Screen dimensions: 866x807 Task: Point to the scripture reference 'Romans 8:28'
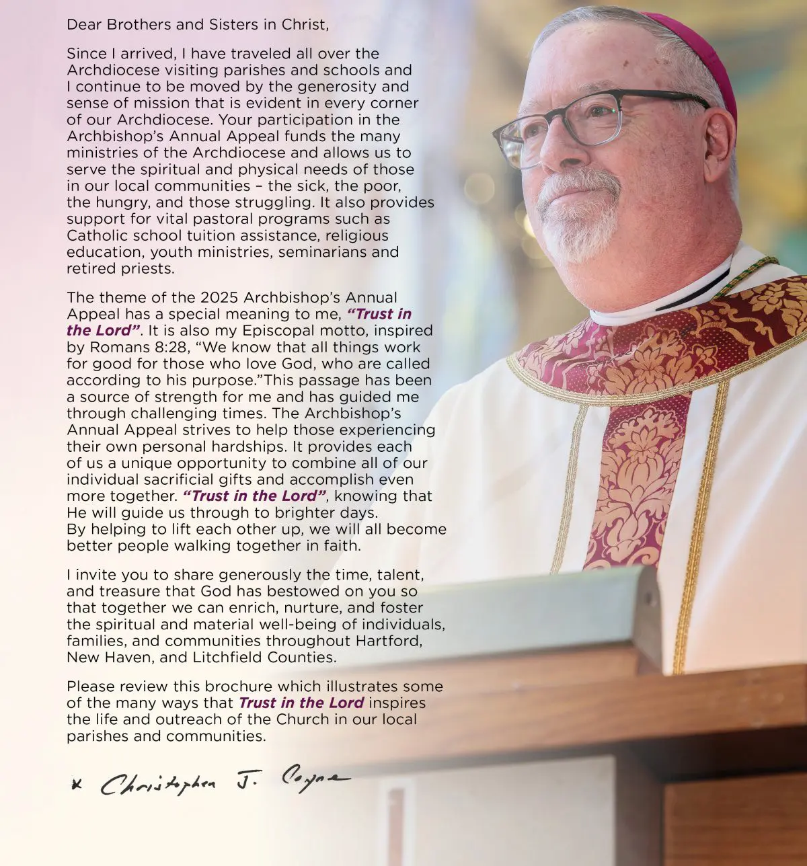tap(129, 347)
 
